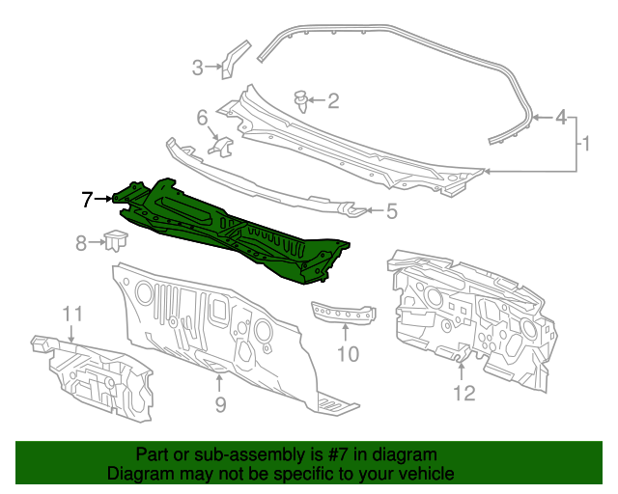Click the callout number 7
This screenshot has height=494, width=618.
87,200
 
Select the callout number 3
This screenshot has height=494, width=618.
197,68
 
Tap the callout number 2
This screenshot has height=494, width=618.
333,101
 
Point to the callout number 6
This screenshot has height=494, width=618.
202,118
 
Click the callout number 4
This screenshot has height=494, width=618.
561,118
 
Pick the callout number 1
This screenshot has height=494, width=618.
586,144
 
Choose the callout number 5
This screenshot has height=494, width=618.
391,211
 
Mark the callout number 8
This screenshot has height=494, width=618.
81,243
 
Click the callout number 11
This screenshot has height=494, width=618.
73,314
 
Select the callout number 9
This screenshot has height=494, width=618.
220,404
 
